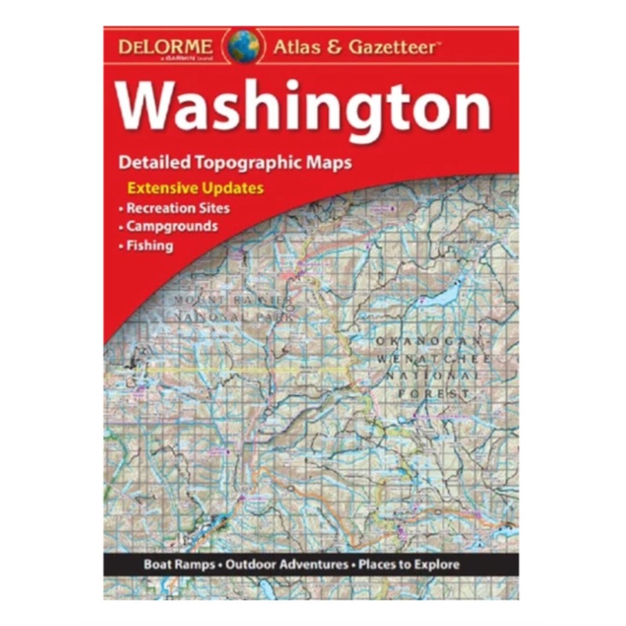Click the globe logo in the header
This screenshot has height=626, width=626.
pyautogui.click(x=244, y=46)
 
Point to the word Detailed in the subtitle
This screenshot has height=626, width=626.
pyautogui.click(x=151, y=164)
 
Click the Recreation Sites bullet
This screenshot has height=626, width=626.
pyautogui.click(x=178, y=208)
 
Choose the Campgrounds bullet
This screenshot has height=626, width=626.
pyautogui.click(x=171, y=227)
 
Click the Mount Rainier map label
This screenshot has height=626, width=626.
pyautogui.click(x=234, y=301)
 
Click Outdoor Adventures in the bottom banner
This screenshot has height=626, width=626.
pyautogui.click(x=289, y=564)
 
